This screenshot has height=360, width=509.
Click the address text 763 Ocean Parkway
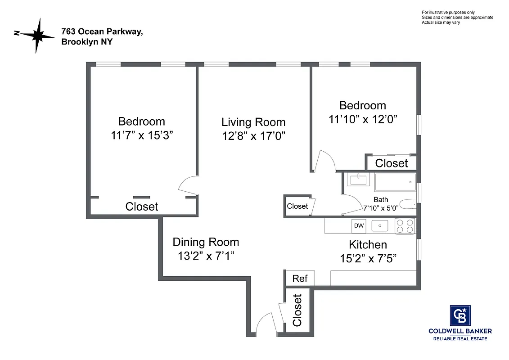click(x=102, y=32)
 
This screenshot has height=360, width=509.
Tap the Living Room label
click(x=253, y=122)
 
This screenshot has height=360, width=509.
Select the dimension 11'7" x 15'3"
click(x=142, y=135)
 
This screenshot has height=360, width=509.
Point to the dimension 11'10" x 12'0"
click(x=363, y=119)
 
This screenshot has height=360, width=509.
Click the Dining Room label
click(x=206, y=242)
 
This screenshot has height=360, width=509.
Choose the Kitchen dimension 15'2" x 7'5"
click(x=368, y=259)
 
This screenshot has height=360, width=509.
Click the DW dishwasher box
click(x=359, y=226)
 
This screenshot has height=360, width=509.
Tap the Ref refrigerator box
click(x=300, y=279)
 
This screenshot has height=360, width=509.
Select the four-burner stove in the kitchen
click(x=405, y=226)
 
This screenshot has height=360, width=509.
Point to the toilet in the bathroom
click(x=408, y=205)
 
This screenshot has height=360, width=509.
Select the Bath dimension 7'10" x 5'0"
click(x=381, y=208)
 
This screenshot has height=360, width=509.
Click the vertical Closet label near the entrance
click(x=297, y=310)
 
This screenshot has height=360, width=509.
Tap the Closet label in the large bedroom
click(x=142, y=207)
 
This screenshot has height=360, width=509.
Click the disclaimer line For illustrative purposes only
click(x=448, y=12)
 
